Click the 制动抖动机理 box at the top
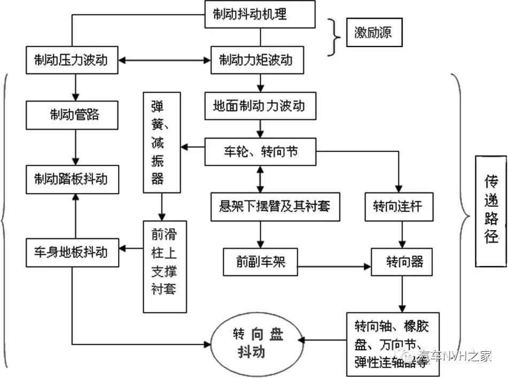click(x=260, y=14)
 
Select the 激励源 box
click(x=373, y=32)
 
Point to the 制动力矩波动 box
click(x=259, y=59)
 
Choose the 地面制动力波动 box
click(x=260, y=106)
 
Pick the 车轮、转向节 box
click(x=260, y=152)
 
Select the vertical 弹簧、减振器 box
click(x=161, y=142)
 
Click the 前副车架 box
click(x=260, y=261)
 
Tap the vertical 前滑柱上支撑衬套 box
click(x=165, y=266)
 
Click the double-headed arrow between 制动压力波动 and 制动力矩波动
click(x=166, y=60)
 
